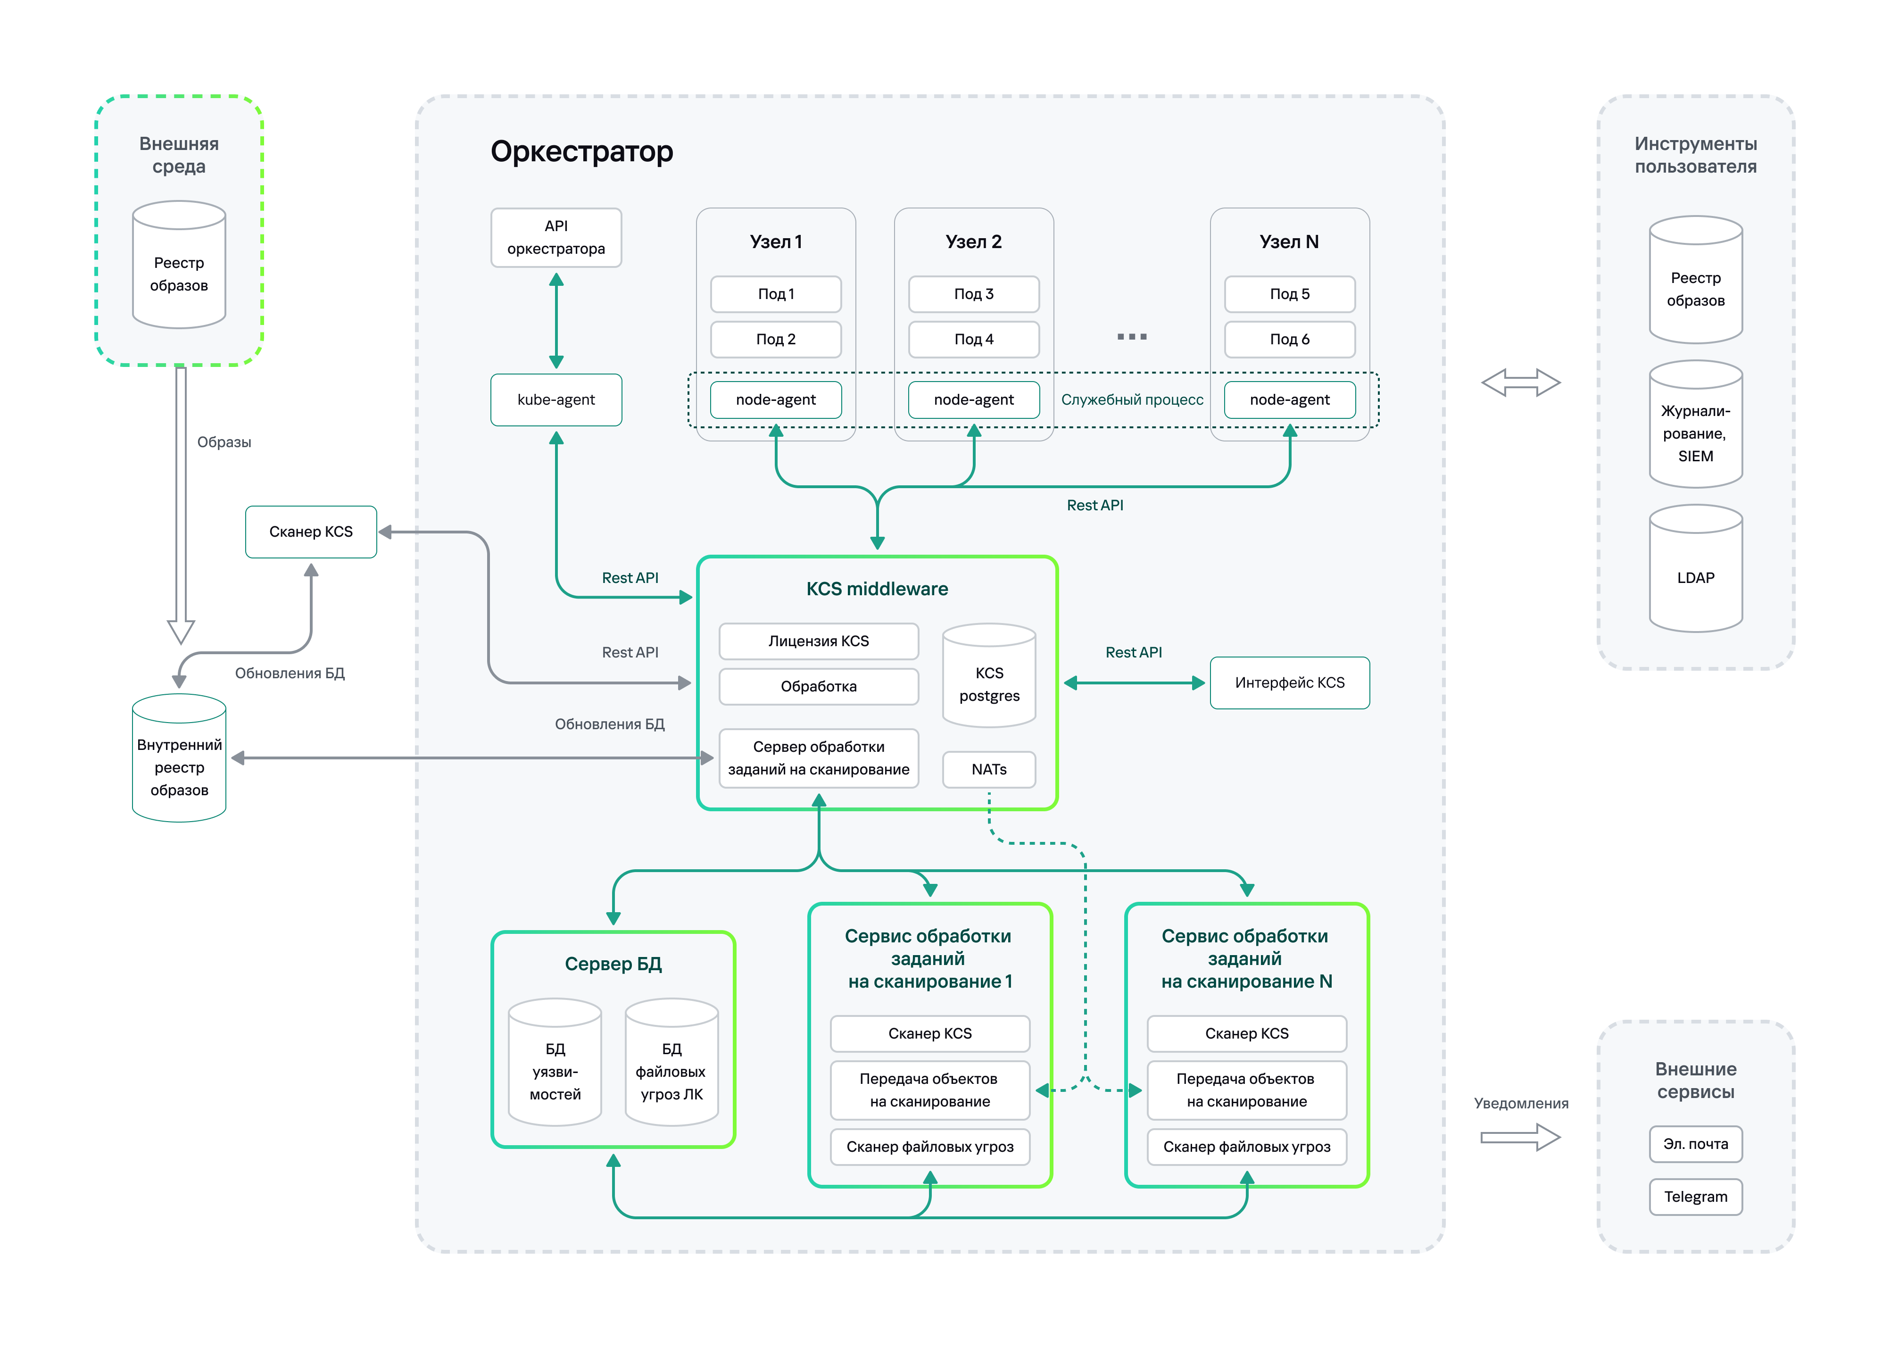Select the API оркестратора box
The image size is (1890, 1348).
point(556,237)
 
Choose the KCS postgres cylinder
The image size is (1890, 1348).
point(989,676)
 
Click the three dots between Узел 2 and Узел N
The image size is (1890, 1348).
point(1132,337)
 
